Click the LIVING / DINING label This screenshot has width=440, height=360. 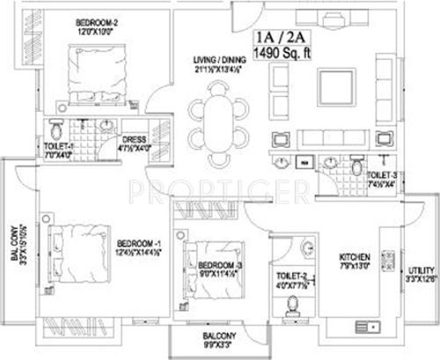(x=219, y=61)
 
